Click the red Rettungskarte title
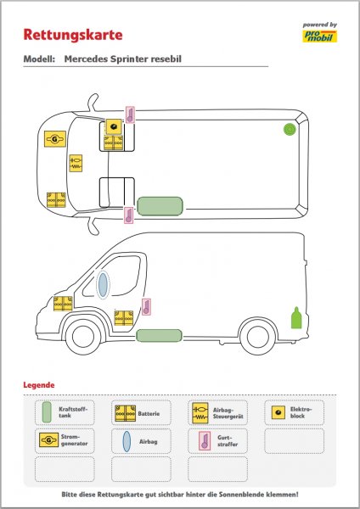[73, 35]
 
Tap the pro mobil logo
[320, 36]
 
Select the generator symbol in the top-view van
[55, 139]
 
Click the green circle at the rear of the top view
[290, 129]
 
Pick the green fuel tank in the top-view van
[160, 206]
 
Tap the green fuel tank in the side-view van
[159, 336]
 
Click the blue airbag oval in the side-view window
[103, 285]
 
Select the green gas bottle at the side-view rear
[296, 318]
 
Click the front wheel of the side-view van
[83, 337]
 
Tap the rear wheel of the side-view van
[258, 337]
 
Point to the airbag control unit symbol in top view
[76, 163]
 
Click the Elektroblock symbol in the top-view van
[114, 126]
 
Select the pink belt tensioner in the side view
[146, 307]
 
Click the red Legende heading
[39, 385]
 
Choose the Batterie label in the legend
[149, 414]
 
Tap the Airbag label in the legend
[148, 441]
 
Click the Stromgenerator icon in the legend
[48, 440]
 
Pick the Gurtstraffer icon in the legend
[205, 441]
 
